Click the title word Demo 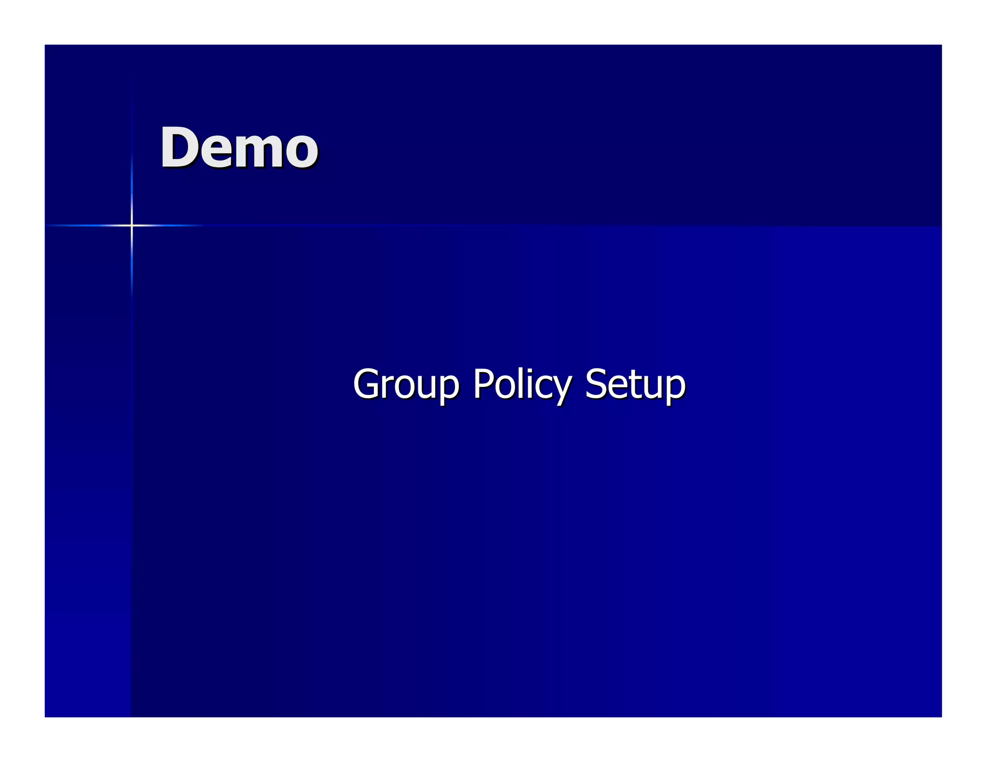point(239,148)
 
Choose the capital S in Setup point(595,384)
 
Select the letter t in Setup point(632,385)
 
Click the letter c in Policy point(542,388)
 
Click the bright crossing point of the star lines point(132,225)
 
